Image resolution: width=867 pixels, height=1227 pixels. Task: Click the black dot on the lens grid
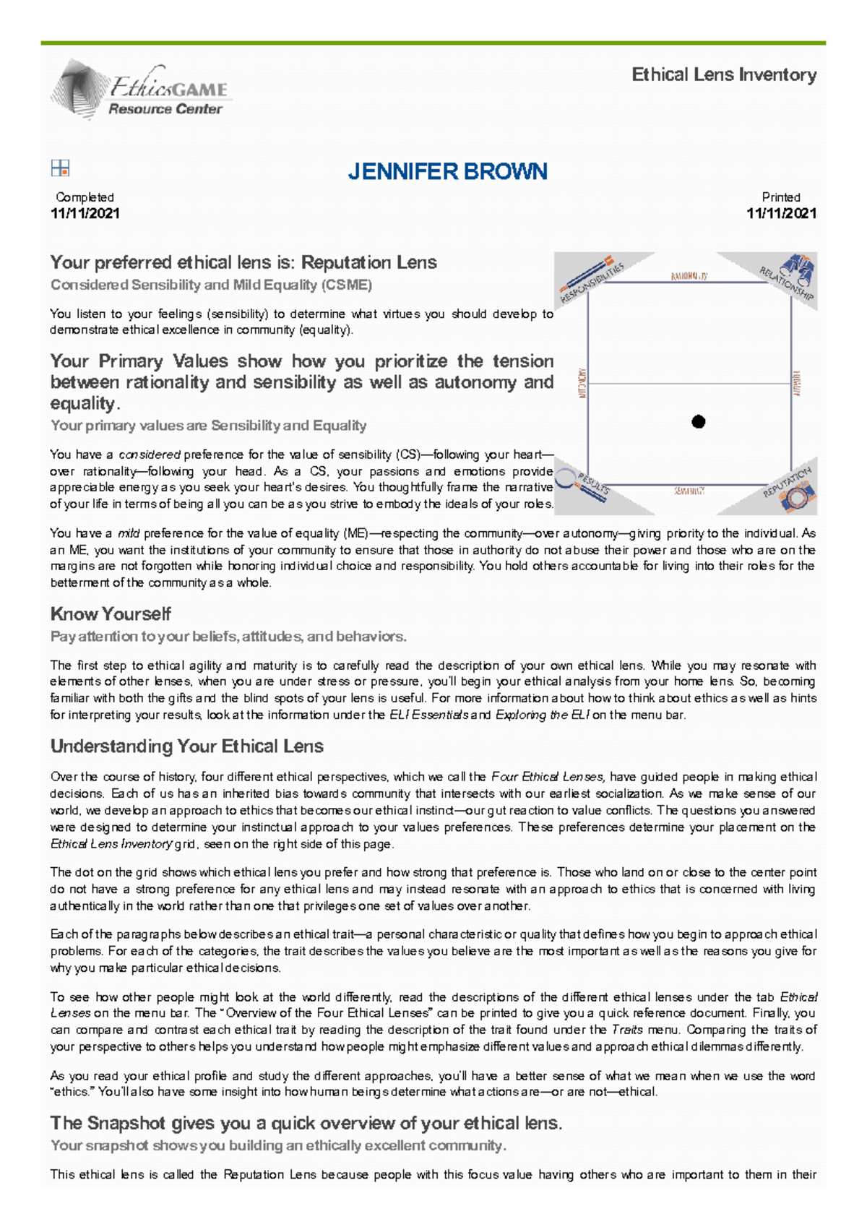[698, 422]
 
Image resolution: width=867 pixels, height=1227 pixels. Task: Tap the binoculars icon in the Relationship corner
[798, 269]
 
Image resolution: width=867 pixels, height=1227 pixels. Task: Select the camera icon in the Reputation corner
[798, 498]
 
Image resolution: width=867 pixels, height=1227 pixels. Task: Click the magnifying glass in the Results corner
[567, 478]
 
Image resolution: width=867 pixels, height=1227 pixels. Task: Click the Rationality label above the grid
[689, 276]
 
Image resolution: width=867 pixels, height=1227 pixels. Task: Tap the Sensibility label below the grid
[689, 491]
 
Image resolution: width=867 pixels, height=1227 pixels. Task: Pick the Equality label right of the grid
[797, 383]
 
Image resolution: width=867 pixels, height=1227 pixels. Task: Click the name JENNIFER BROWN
[447, 172]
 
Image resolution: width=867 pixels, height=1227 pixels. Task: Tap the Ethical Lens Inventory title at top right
[724, 74]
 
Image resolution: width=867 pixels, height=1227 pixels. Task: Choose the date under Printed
[781, 213]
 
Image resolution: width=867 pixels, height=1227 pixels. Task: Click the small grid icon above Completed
[60, 168]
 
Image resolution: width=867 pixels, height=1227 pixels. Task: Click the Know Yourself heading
[111, 614]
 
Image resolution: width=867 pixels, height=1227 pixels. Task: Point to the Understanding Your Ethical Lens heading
[186, 746]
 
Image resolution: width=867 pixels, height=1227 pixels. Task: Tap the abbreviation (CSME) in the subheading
[350, 285]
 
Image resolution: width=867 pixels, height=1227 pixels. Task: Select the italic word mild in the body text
[129, 533]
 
